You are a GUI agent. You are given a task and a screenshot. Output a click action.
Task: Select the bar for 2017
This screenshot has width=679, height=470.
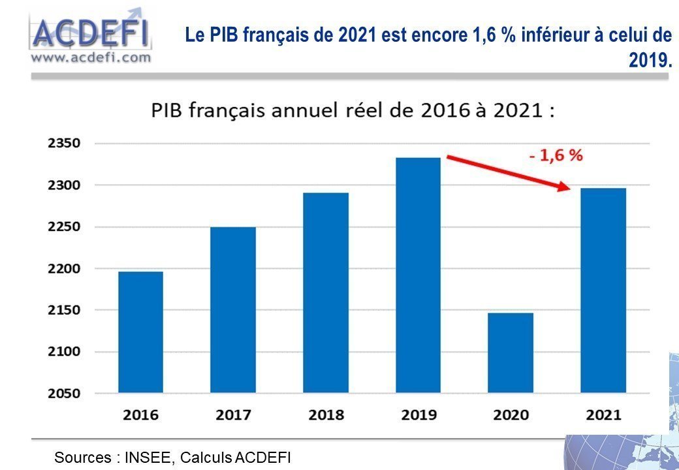point(233,309)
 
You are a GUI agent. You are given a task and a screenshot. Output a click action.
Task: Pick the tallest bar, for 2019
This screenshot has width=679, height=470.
point(418,275)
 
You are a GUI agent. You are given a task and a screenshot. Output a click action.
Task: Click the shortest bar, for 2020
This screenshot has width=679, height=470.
point(511,352)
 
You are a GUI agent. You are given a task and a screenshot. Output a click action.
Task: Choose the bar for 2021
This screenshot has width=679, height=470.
point(603,290)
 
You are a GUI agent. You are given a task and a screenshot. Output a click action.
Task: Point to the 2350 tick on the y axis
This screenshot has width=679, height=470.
point(64,144)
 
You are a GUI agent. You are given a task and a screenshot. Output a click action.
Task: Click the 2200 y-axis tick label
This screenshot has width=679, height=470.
point(64,269)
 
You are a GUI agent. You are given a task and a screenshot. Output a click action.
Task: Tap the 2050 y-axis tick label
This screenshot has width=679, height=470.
point(64,394)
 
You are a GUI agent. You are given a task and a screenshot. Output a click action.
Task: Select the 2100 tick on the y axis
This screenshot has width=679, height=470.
point(64,352)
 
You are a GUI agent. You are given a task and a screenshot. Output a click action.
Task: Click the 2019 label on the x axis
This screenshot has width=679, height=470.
point(418,415)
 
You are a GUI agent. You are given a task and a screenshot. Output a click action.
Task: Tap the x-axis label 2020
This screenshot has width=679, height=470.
point(511,415)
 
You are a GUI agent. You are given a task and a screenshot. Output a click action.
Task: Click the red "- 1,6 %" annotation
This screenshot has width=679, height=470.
point(556,156)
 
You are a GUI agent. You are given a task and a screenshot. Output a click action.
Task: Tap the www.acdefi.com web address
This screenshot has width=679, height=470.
point(91,57)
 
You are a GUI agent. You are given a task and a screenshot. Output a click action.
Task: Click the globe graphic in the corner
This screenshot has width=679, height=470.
point(627,444)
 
